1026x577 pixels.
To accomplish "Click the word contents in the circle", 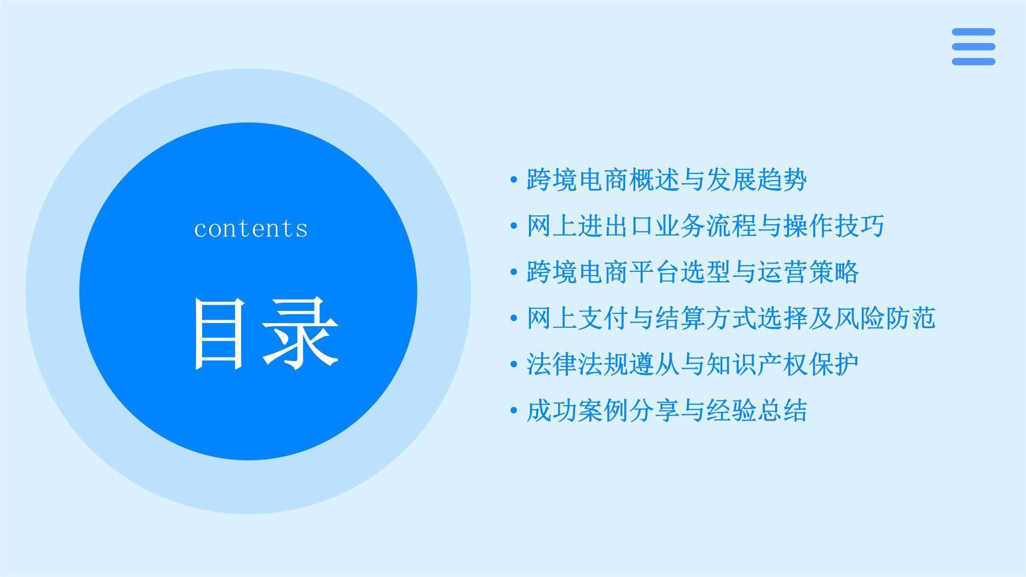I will [x=251, y=229].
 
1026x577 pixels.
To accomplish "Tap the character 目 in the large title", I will [x=219, y=334].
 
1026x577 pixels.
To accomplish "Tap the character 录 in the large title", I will [x=300, y=334].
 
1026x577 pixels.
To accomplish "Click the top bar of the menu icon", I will [x=973, y=32].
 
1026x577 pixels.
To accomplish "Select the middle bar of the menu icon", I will [x=973, y=47].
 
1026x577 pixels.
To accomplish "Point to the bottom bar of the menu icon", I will [x=973, y=62].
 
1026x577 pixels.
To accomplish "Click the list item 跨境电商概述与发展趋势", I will [x=666, y=180].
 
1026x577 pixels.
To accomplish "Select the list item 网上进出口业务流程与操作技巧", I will [x=705, y=226].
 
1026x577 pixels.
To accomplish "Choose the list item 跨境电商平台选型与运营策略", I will [x=693, y=272].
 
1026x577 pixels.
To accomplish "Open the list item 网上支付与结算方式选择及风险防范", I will [x=731, y=319].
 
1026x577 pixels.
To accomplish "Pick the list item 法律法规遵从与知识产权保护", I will [x=693, y=365].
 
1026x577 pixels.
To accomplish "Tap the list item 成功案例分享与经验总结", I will [x=666, y=411].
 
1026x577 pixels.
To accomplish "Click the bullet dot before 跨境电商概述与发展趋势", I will [x=514, y=180].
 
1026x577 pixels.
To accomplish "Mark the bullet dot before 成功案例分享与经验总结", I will [x=514, y=411].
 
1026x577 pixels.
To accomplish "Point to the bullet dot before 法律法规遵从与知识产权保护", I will [x=514, y=365].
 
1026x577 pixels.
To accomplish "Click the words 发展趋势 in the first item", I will [x=756, y=180].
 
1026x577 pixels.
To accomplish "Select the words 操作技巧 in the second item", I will [x=834, y=226].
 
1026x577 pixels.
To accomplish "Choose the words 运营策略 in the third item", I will [x=808, y=272].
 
